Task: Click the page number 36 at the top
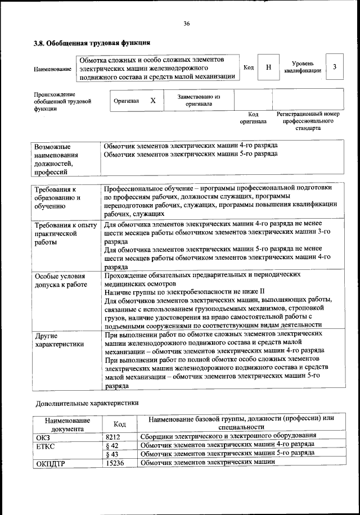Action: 186,23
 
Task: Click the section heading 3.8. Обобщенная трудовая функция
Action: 92,43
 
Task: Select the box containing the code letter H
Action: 268,67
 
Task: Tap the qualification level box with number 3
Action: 335,67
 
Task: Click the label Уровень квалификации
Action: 303,67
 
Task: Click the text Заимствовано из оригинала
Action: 199,100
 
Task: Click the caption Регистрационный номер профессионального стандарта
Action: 308,121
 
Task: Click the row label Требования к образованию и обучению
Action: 57,198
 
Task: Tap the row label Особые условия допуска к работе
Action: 60,281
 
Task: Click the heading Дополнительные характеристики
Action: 87,403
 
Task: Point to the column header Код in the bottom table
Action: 119,424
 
